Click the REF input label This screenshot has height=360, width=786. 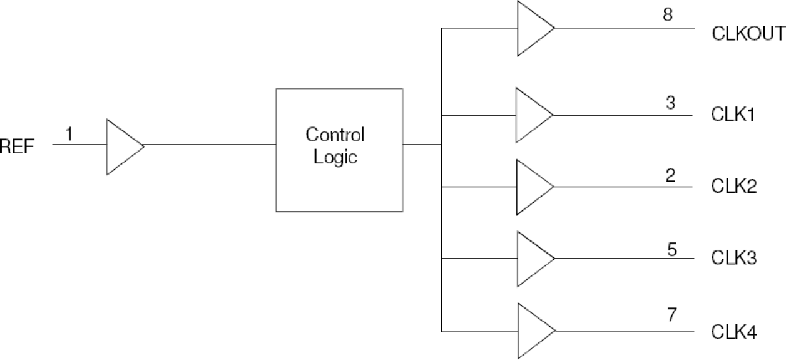[17, 147]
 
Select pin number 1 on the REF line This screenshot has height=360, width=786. [69, 133]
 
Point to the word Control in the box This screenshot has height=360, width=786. [335, 135]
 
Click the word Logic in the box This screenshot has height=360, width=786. [335, 157]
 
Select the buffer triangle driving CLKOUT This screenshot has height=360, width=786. [532, 28]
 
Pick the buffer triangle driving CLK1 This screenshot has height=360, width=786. [531, 115]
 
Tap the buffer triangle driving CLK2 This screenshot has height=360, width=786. [531, 187]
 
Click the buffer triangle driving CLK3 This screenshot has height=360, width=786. [531, 259]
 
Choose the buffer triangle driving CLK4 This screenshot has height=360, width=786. [532, 331]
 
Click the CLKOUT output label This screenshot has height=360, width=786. [748, 33]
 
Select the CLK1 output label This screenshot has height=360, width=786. [733, 115]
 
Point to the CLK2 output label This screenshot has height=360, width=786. [734, 187]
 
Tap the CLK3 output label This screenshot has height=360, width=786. [734, 259]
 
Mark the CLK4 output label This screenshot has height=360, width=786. [734, 331]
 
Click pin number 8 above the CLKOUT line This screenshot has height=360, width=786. [668, 14]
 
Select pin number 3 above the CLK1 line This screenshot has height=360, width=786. [670, 102]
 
